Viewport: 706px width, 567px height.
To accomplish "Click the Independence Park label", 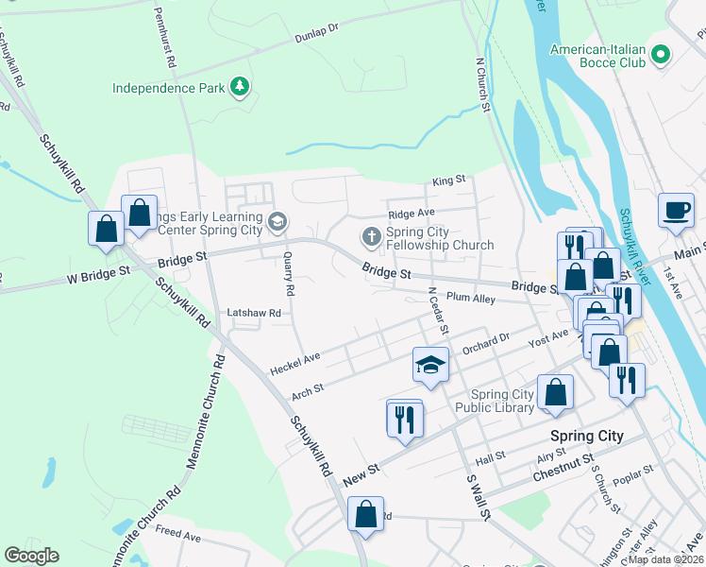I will tap(168, 88).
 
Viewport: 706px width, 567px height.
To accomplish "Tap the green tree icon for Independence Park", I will tap(241, 88).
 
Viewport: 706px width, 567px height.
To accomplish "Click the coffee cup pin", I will tap(676, 210).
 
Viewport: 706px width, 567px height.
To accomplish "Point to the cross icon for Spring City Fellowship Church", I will tap(372, 236).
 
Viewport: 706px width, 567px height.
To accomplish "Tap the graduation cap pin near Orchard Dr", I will tap(429, 365).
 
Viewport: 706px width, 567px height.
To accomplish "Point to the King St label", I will tap(449, 180).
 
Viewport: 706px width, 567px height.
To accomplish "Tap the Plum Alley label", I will tap(471, 297).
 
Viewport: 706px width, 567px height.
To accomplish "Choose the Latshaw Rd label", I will tap(254, 312).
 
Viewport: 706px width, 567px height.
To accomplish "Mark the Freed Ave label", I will tap(178, 536).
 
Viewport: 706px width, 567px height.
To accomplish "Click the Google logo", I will tap(31, 555).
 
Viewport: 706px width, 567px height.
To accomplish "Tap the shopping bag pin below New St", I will tap(365, 515).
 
